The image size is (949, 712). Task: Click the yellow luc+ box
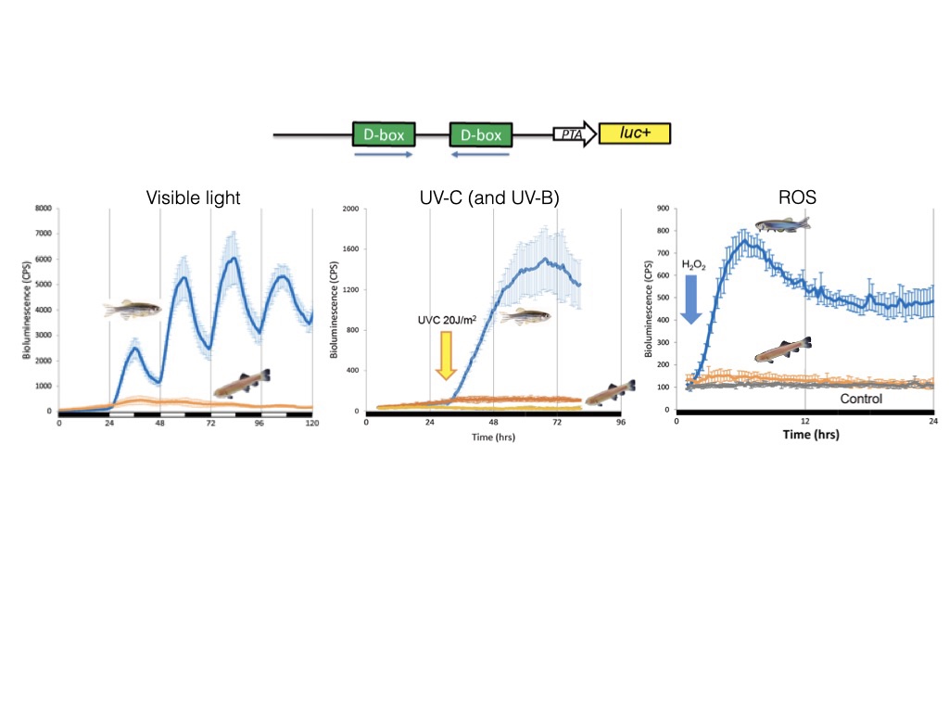click(x=634, y=134)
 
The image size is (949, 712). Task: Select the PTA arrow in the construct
click(x=574, y=135)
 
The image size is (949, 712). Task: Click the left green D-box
click(x=383, y=134)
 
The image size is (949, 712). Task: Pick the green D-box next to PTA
click(x=480, y=135)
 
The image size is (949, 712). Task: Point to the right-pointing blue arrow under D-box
click(x=383, y=155)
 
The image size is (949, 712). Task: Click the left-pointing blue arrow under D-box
click(x=480, y=156)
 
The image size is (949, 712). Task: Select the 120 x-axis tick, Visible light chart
click(x=312, y=423)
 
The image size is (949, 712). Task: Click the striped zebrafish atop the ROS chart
click(x=782, y=224)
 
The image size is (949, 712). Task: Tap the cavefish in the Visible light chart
click(x=242, y=383)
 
